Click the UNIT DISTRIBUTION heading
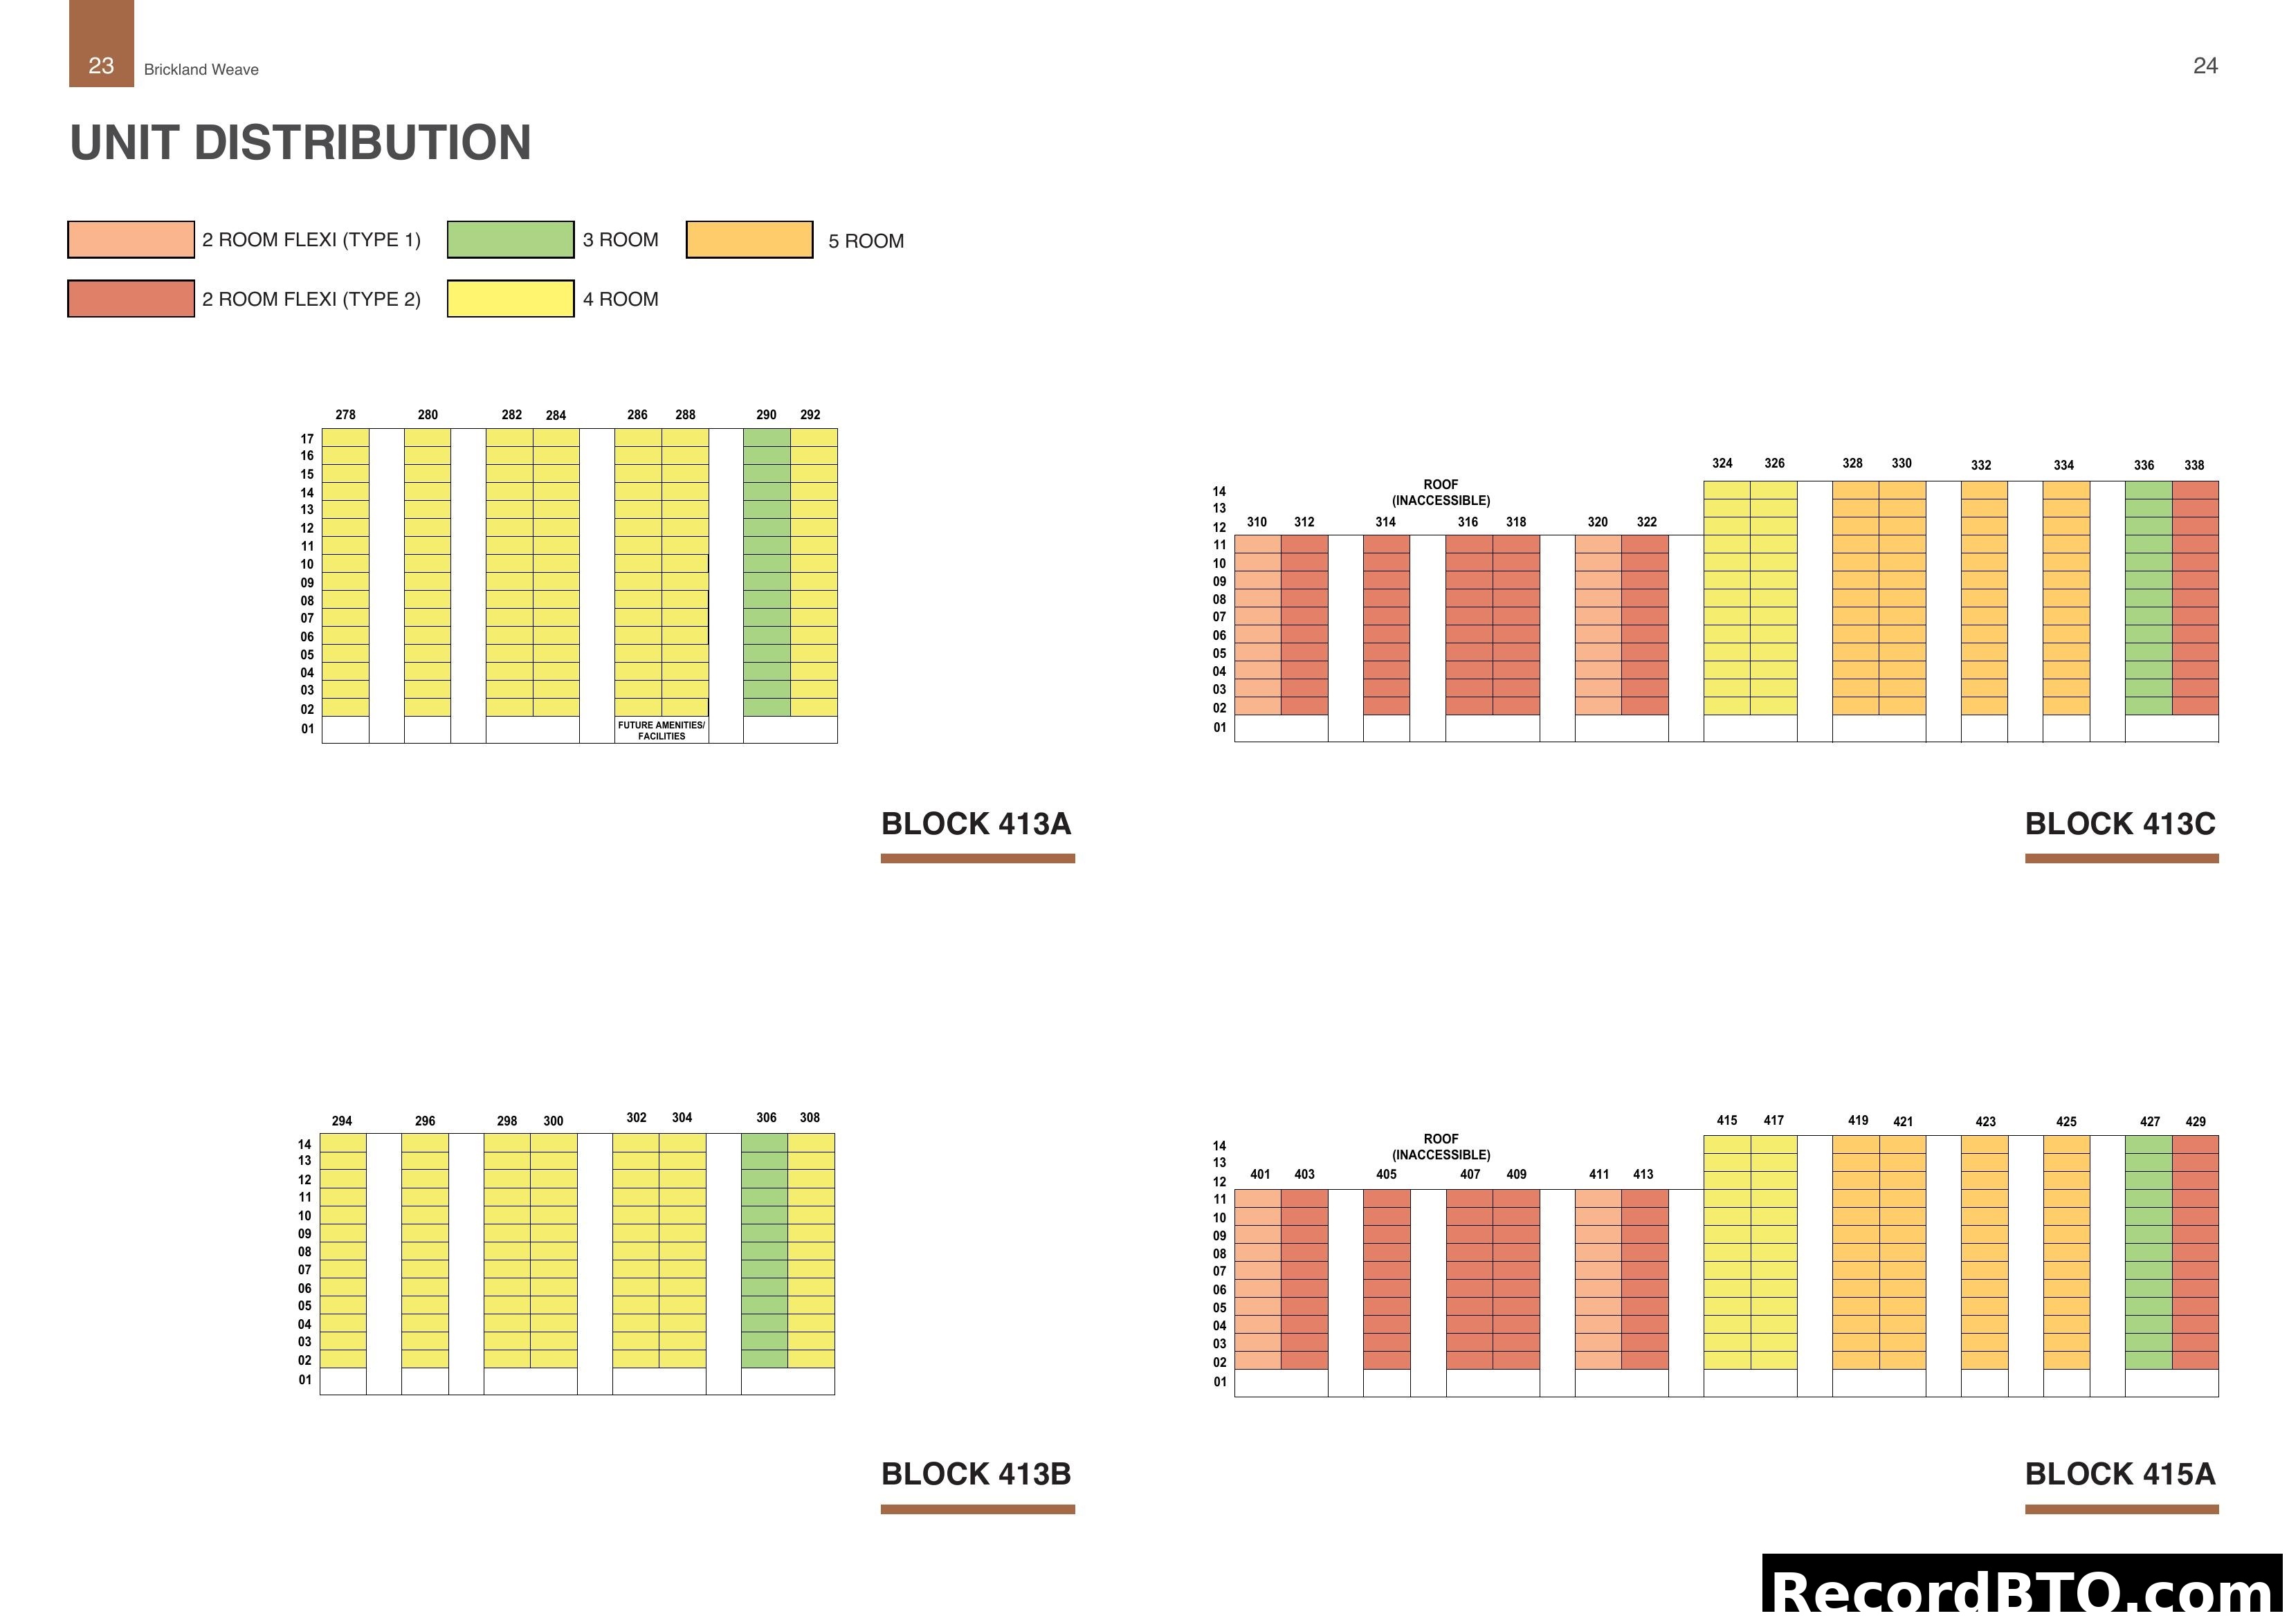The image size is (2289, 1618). pos(300,143)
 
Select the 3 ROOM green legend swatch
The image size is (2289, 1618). pos(511,239)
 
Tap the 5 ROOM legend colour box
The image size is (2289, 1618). pos(749,240)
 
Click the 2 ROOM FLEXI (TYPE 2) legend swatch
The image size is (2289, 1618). pos(131,299)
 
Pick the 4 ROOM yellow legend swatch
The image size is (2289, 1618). pos(511,299)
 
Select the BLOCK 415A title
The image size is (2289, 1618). pos(2119,1474)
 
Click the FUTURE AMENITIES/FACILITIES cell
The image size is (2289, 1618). pos(661,730)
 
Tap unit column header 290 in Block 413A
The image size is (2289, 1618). pos(766,415)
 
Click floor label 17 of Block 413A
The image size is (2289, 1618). pos(307,439)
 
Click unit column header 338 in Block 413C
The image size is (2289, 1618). pos(2194,466)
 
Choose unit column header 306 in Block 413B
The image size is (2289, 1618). pos(766,1118)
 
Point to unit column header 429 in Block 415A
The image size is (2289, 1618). pos(2196,1121)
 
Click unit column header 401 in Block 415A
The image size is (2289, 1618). pos(1260,1175)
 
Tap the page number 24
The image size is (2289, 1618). pos(2205,66)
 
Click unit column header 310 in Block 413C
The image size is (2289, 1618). pos(1256,522)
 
